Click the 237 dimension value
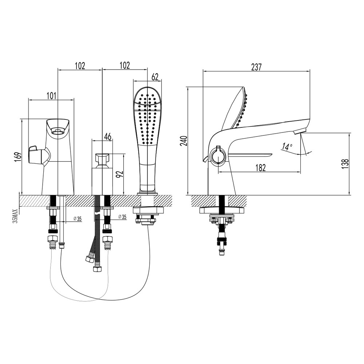(x=256, y=67)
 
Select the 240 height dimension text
(x=184, y=141)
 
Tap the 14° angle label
(x=287, y=147)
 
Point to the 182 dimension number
(x=260, y=167)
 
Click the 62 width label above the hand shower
(x=155, y=77)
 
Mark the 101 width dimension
(x=51, y=96)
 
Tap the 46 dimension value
(x=108, y=136)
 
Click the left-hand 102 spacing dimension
(x=80, y=66)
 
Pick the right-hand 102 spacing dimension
(x=124, y=66)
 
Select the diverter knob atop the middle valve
(x=102, y=159)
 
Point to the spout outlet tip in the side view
(x=301, y=131)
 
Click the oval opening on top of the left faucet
(x=58, y=131)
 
